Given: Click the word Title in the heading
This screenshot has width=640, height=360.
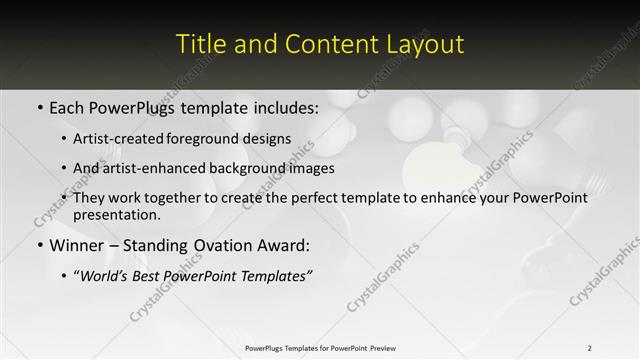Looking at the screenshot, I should point(199,44).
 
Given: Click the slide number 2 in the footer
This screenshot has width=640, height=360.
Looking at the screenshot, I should point(590,348).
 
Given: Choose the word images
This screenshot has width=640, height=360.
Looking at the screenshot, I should point(311,168).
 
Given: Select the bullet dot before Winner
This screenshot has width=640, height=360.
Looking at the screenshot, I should point(39,245).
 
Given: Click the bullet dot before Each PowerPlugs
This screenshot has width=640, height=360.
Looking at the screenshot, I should point(39,106).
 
